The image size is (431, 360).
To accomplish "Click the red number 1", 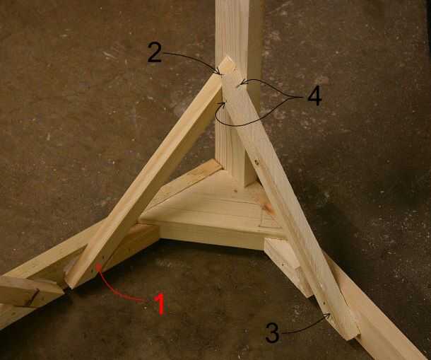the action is coord(160,303).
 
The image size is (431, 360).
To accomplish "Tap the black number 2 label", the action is coord(155,52).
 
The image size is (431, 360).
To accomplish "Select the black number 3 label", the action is coord(273,332).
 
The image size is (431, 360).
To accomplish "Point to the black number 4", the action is coord(314,97).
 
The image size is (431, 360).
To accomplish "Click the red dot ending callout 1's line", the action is coord(98,266).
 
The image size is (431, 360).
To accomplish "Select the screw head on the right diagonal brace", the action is coord(256,163).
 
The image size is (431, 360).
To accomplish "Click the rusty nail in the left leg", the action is coord(33,298).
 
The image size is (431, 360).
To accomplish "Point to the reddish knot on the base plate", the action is coord(268,207).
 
